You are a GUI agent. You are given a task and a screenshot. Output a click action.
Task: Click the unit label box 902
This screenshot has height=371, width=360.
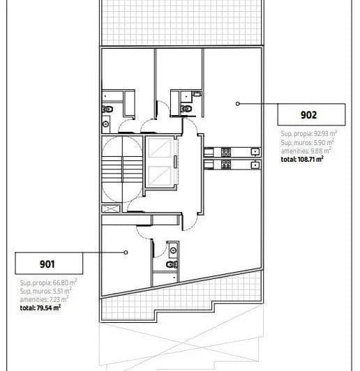[311, 114]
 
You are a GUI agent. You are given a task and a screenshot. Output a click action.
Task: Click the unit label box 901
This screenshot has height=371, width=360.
[49, 264]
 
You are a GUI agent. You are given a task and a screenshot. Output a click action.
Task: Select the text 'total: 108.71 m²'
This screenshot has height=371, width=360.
[301, 159]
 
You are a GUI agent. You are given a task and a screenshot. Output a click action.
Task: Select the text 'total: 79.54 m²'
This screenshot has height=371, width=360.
[40, 306]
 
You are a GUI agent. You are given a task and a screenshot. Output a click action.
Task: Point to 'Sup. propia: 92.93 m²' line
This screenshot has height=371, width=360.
[309, 133]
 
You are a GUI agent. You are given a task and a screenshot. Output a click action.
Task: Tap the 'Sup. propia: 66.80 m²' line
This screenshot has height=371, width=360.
[48, 282]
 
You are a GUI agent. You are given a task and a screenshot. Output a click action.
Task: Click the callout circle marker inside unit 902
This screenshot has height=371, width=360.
[238, 103]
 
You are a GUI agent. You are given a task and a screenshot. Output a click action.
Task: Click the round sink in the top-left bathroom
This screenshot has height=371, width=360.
[105, 124]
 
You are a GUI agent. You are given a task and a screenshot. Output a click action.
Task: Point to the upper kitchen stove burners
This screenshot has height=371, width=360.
[225, 151]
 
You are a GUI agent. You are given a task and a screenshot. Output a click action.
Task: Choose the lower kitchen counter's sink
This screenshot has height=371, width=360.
[256, 165]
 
